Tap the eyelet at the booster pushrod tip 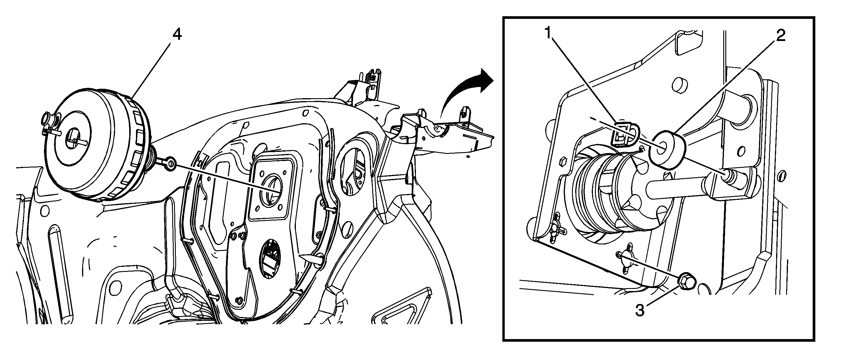pos(170,163)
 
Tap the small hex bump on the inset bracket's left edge pos(562,161)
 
